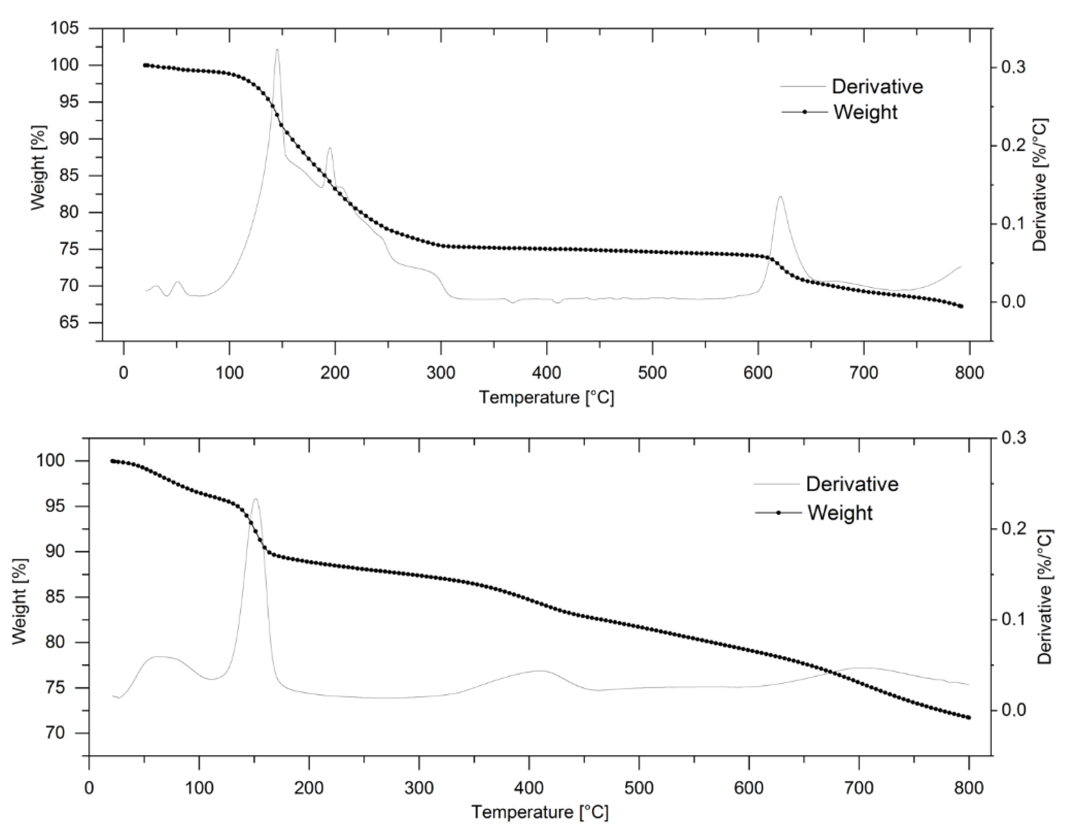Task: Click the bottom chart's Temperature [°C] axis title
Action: click(540, 812)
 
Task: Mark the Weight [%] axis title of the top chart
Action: click(38, 167)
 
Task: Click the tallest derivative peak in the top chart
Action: click(277, 50)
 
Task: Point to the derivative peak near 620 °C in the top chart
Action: click(780, 197)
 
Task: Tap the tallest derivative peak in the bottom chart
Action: click(255, 499)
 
